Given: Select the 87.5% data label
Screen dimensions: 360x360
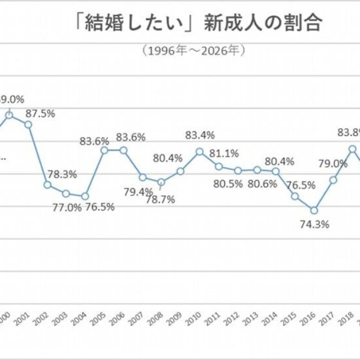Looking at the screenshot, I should pos(40,113).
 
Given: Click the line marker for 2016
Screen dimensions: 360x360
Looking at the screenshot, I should pos(314,210).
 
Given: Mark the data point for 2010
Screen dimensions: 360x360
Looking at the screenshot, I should pos(200,151).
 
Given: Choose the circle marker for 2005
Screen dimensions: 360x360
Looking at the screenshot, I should pos(104,150).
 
